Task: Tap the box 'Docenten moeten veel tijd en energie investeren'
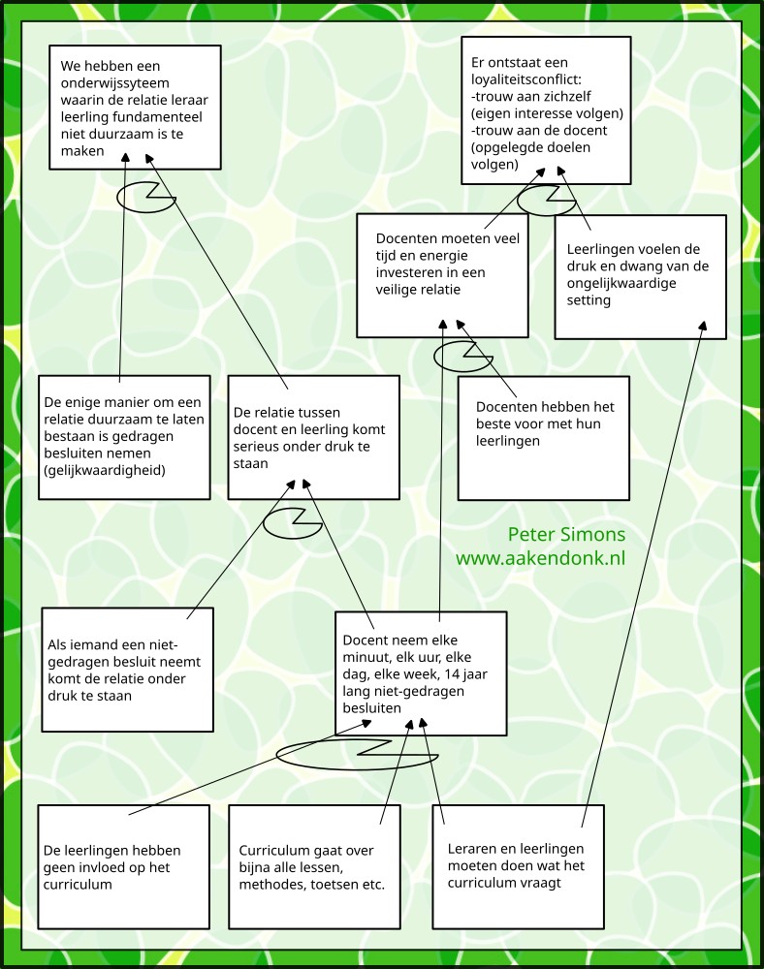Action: (x=442, y=275)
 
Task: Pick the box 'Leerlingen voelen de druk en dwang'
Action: (x=640, y=276)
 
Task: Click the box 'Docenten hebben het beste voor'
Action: (x=543, y=438)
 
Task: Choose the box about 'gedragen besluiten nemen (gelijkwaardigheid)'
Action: (x=124, y=437)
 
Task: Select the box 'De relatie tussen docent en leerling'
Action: (x=313, y=437)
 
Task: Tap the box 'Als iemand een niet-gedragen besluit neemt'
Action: (x=127, y=670)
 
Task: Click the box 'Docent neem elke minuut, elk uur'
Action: (x=421, y=672)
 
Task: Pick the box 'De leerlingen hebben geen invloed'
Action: (x=124, y=865)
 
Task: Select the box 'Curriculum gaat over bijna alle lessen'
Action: (x=314, y=865)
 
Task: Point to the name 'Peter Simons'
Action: (x=566, y=535)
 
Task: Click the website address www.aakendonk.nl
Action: (x=540, y=559)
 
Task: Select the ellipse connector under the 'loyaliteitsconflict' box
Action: (x=546, y=201)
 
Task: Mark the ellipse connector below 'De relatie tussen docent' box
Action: (x=292, y=522)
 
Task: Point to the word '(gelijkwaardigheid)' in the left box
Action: (x=105, y=471)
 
